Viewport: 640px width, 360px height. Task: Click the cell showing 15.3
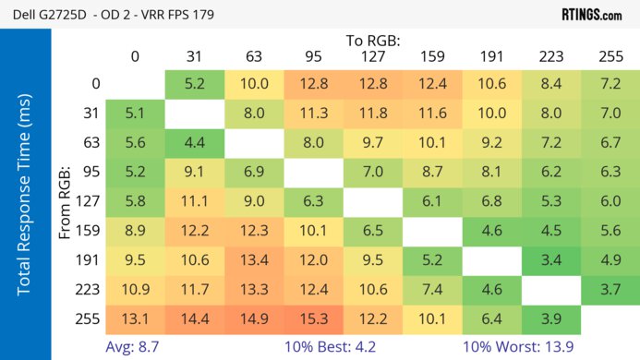313,319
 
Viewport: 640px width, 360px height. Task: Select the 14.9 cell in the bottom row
253,319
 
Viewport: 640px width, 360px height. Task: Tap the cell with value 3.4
551,260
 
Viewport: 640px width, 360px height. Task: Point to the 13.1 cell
135,319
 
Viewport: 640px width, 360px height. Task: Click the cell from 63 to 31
194,143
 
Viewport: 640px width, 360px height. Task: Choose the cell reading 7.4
432,290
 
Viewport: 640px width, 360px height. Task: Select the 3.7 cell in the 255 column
610,290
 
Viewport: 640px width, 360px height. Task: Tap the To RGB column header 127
372,56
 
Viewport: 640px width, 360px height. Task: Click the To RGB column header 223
551,56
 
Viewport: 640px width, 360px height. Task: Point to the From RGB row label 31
90,114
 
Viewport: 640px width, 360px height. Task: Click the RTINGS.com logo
591,14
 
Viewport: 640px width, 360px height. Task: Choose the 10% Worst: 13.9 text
532,348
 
